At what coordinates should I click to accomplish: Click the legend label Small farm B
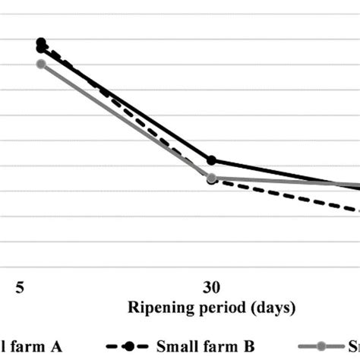coord(205,346)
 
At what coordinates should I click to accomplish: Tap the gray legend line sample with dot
coord(320,346)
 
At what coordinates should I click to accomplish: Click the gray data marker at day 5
coord(41,64)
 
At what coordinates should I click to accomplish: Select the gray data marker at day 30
coord(211,178)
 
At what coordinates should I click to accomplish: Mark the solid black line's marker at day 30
coord(211,160)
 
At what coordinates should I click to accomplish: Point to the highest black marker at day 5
coord(41,43)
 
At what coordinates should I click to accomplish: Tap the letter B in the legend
coord(249,346)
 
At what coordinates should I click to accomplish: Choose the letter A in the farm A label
coord(55,346)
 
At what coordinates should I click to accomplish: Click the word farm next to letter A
coord(27,346)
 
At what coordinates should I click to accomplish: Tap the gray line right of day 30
coord(289,182)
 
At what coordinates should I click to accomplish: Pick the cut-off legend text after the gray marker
coord(352,346)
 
